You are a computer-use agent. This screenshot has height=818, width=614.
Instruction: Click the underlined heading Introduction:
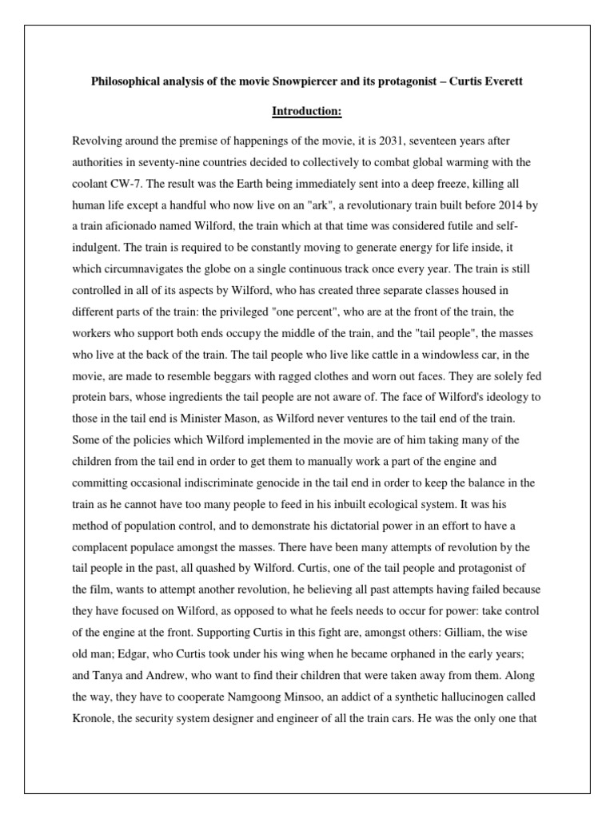[x=306, y=111]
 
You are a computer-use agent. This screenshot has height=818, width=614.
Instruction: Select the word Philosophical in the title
[x=126, y=83]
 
